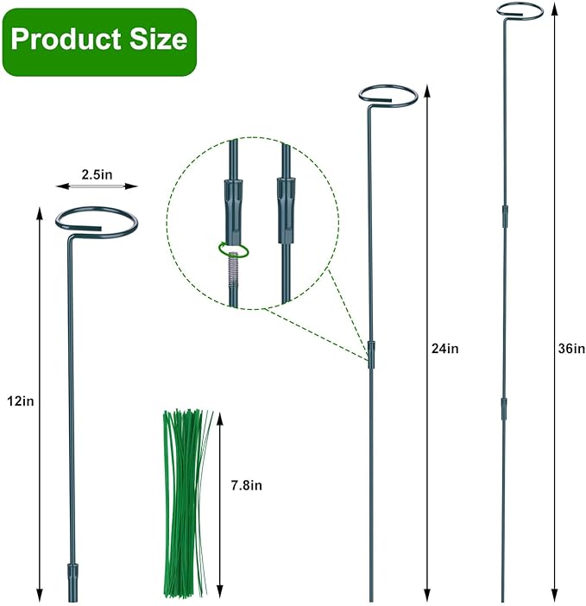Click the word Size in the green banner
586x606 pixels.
[159, 40]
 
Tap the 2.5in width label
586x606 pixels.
[97, 174]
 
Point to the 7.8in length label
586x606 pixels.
[245, 485]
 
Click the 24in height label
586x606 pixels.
[444, 349]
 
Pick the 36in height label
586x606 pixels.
[571, 349]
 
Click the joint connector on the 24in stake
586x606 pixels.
[371, 354]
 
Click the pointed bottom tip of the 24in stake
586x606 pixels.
[371, 598]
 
